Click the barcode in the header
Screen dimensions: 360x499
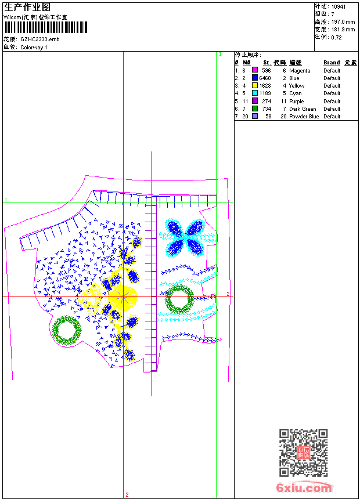coord(45,27)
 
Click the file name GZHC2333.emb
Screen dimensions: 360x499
coord(40,39)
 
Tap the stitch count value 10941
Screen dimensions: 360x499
coord(339,7)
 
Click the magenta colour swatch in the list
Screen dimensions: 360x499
coord(255,70)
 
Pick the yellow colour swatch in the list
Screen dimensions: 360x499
coord(255,86)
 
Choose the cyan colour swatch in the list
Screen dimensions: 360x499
coord(255,93)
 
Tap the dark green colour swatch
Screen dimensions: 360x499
coord(255,109)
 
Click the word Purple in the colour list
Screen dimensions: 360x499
coord(296,102)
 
